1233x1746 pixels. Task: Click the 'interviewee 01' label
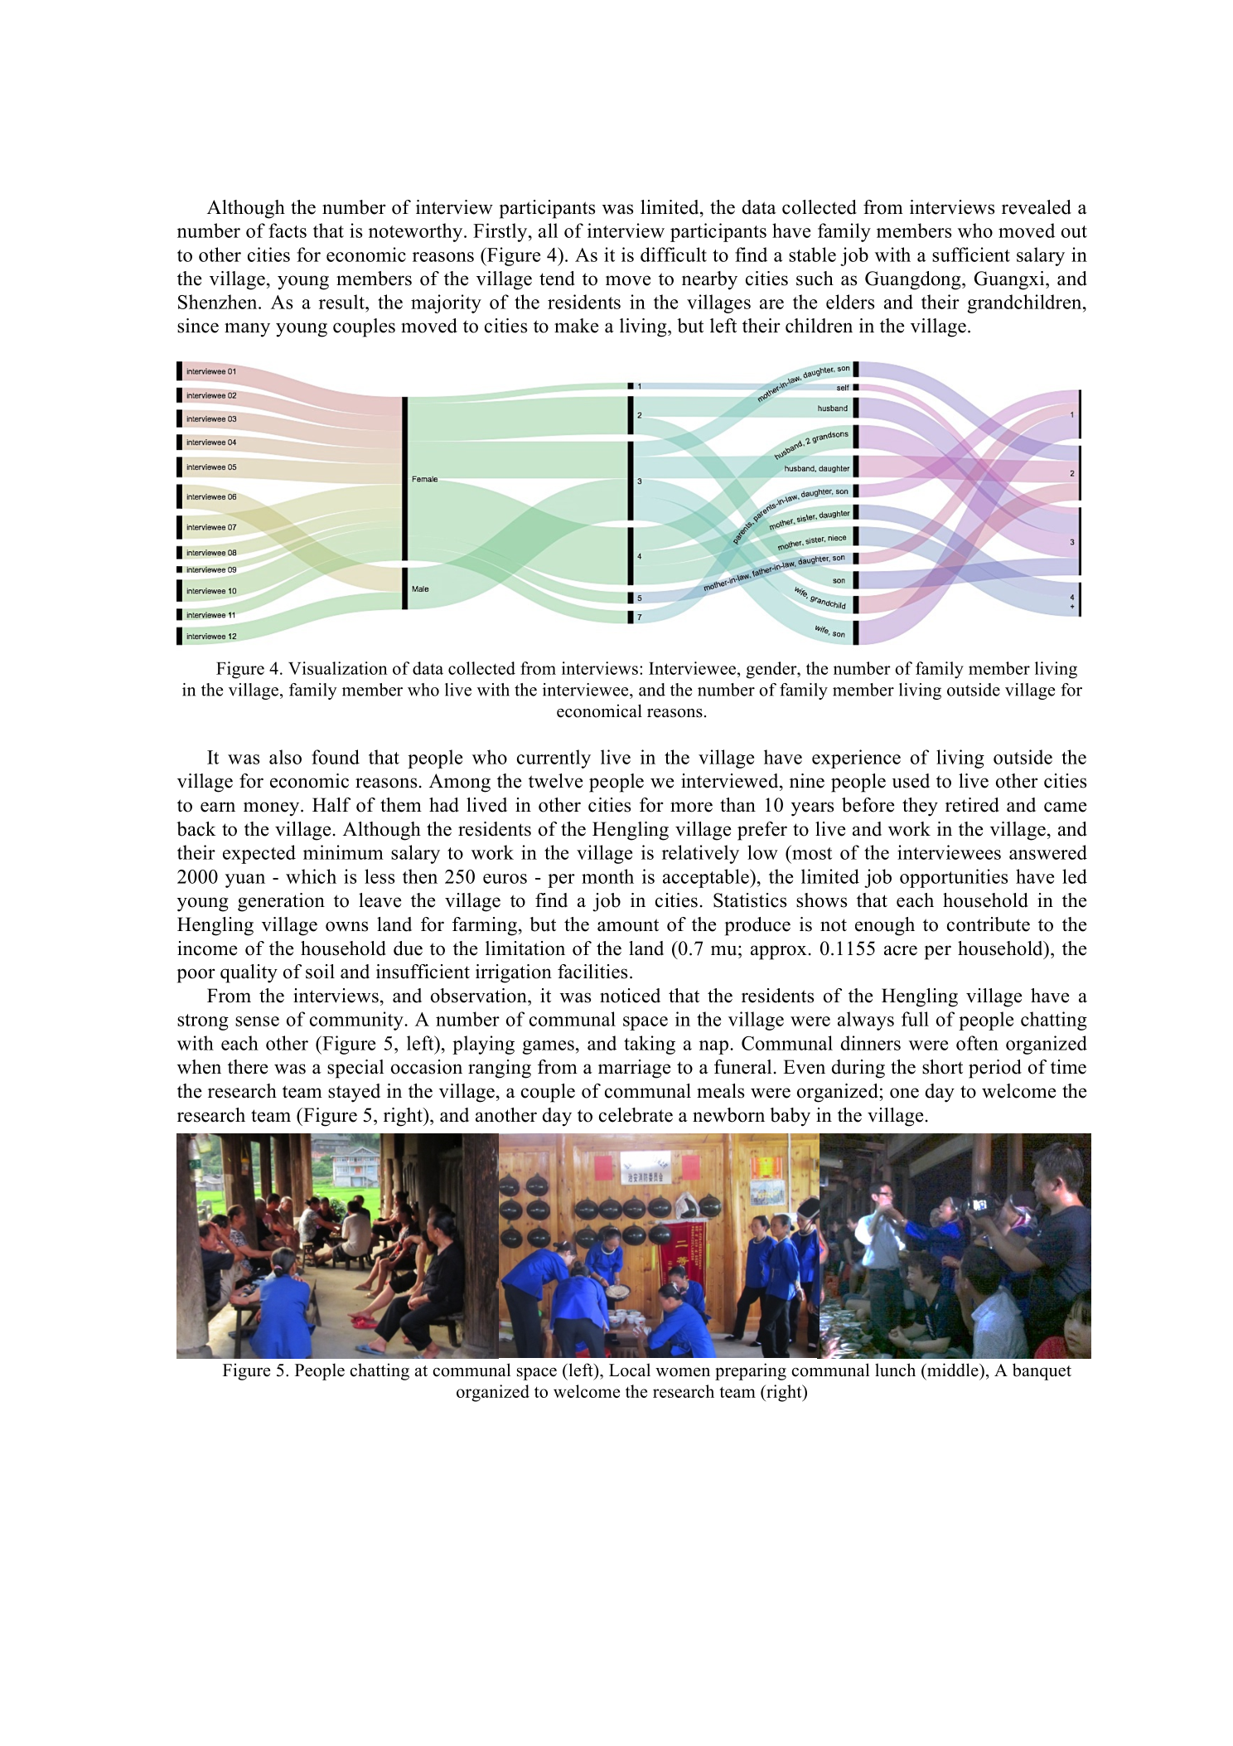(x=210, y=371)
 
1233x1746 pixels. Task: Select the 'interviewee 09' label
(x=210, y=570)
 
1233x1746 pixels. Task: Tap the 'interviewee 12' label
(x=210, y=637)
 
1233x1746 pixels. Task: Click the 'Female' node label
(x=424, y=479)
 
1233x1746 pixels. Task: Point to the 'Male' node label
(x=420, y=589)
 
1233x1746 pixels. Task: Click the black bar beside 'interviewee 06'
(x=179, y=497)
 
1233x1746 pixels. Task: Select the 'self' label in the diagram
(x=842, y=387)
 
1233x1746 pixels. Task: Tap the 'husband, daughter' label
(x=816, y=468)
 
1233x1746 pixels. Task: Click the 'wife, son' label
(x=829, y=633)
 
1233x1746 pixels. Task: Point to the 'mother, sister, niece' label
(x=811, y=542)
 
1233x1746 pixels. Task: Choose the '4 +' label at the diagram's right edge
(x=1072, y=601)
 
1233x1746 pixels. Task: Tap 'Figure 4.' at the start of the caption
(x=249, y=669)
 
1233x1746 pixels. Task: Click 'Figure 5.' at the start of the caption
(x=255, y=1371)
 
